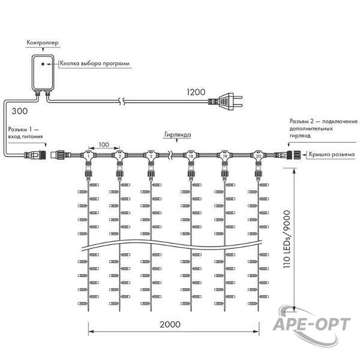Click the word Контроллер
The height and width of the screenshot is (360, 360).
pyautogui.click(x=43, y=43)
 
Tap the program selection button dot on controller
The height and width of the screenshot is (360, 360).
pyautogui.click(x=43, y=64)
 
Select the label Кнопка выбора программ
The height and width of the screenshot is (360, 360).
pyautogui.click(x=95, y=64)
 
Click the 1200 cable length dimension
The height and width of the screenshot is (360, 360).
pyautogui.click(x=196, y=92)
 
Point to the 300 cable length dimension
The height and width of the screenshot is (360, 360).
pyautogui.click(x=20, y=111)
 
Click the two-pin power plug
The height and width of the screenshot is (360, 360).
pyautogui.click(x=226, y=101)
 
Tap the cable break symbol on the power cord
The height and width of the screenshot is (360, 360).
pyautogui.click(x=122, y=101)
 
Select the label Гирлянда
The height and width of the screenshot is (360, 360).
pyautogui.click(x=178, y=134)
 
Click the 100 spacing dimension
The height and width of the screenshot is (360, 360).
pyautogui.click(x=104, y=145)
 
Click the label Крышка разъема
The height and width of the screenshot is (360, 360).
pyautogui.click(x=332, y=155)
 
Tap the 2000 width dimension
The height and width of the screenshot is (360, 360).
pyautogui.click(x=170, y=325)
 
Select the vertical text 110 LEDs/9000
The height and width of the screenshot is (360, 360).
pyautogui.click(x=287, y=239)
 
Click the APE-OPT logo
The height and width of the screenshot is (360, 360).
pyautogui.click(x=311, y=325)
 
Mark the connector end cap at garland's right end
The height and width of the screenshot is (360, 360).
pyautogui.click(x=296, y=155)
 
